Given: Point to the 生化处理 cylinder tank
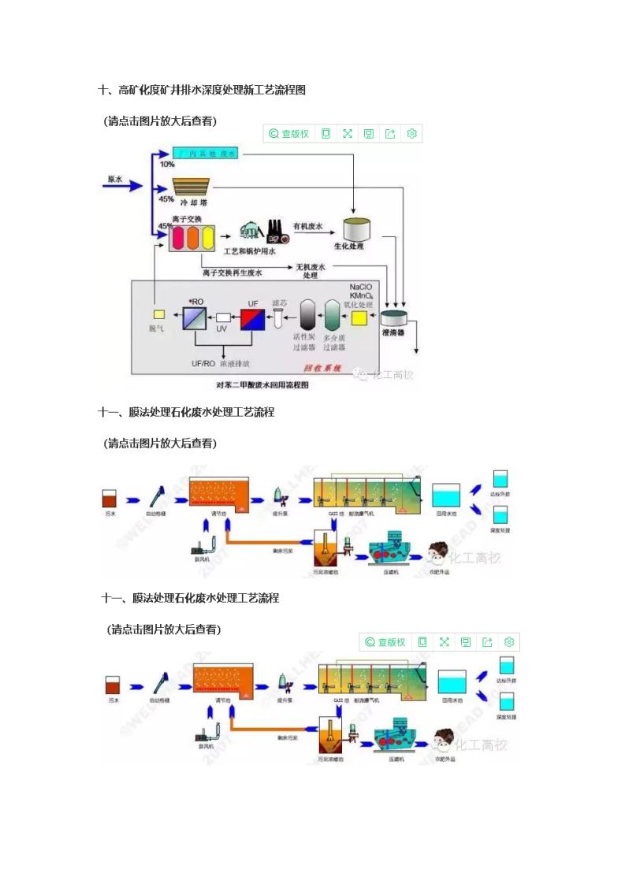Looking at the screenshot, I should [x=357, y=228].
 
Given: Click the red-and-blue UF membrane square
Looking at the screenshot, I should [x=253, y=318].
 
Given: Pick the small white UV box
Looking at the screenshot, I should [x=223, y=318].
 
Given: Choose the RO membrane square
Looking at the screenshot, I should [x=194, y=318].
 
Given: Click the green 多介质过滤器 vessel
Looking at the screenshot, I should [x=334, y=318].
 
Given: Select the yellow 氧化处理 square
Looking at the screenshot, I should [x=359, y=318].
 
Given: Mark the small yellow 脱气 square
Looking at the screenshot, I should [x=158, y=314].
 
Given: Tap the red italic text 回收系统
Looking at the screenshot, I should [x=322, y=367].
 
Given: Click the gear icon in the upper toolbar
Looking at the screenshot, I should [x=411, y=134].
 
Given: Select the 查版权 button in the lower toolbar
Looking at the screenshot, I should [x=385, y=642].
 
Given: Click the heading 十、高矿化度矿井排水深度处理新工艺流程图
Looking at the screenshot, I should [x=202, y=91].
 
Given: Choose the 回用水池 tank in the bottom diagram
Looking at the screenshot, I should [x=452, y=682].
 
